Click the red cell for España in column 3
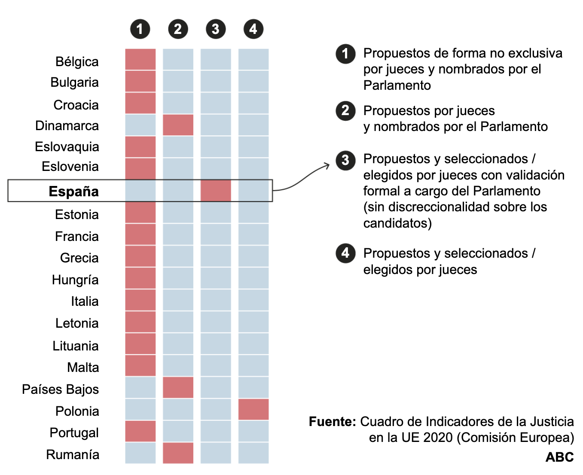pyautogui.click(x=216, y=191)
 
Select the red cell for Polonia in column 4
pyautogui.click(x=253, y=409)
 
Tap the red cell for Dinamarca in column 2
pyautogui.click(x=178, y=125)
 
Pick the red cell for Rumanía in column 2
pyautogui.click(x=178, y=453)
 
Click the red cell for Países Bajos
pyautogui.click(x=178, y=387)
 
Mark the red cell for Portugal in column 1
pyautogui.click(x=140, y=431)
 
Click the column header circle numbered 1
pyautogui.click(x=140, y=29)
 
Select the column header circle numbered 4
pyautogui.click(x=253, y=29)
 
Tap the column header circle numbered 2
pyautogui.click(x=178, y=29)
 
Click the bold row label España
pyautogui.click(x=73, y=192)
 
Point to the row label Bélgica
pyautogui.click(x=77, y=62)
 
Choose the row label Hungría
pyautogui.click(x=75, y=280)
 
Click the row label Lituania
pyautogui.click(x=76, y=346)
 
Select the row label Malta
pyautogui.click(x=83, y=368)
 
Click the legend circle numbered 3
pyautogui.click(x=345, y=160)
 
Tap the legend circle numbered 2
pyautogui.click(x=345, y=111)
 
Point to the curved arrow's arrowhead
pyautogui.click(x=327, y=165)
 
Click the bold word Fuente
pyautogui.click(x=332, y=422)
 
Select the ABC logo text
pyautogui.click(x=559, y=457)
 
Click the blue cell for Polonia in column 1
pyautogui.click(x=140, y=409)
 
